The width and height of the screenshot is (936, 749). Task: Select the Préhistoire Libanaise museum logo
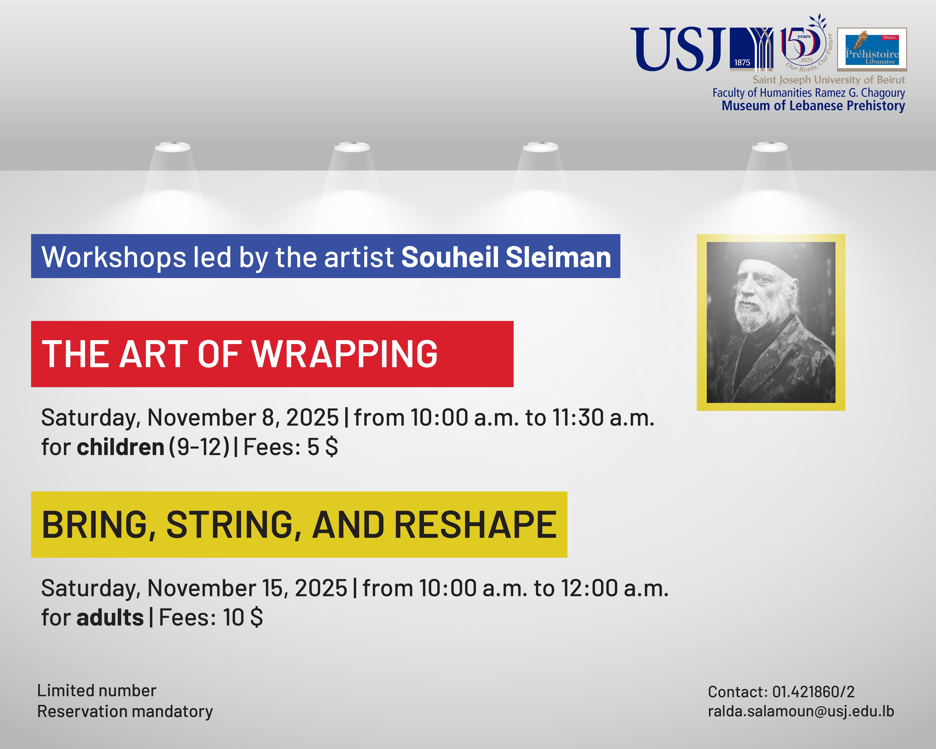click(x=872, y=49)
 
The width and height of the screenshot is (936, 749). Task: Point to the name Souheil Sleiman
click(x=506, y=257)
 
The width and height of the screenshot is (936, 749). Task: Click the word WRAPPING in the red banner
click(x=345, y=354)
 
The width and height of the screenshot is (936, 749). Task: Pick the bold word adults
click(x=110, y=618)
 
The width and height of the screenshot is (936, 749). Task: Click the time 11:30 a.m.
click(x=604, y=418)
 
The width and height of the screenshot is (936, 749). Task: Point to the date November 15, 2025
click(x=247, y=589)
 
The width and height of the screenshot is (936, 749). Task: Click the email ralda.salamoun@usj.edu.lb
click(x=801, y=711)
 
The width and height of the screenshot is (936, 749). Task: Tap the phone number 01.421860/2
click(x=813, y=692)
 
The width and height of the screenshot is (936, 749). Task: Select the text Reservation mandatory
click(x=125, y=711)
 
